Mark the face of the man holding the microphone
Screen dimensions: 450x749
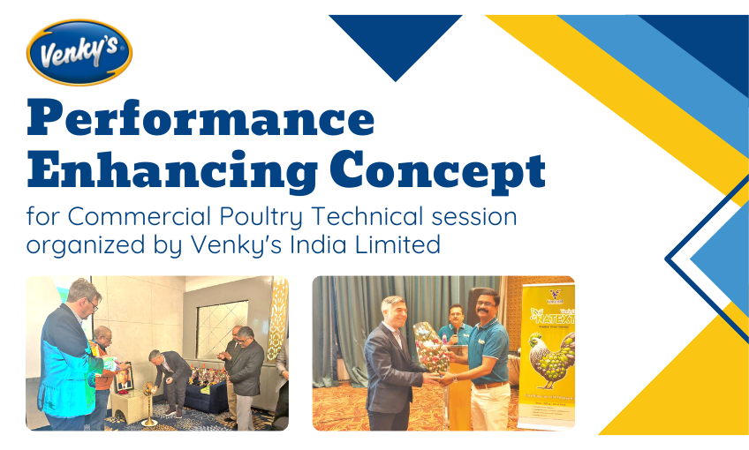[x=455, y=315]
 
